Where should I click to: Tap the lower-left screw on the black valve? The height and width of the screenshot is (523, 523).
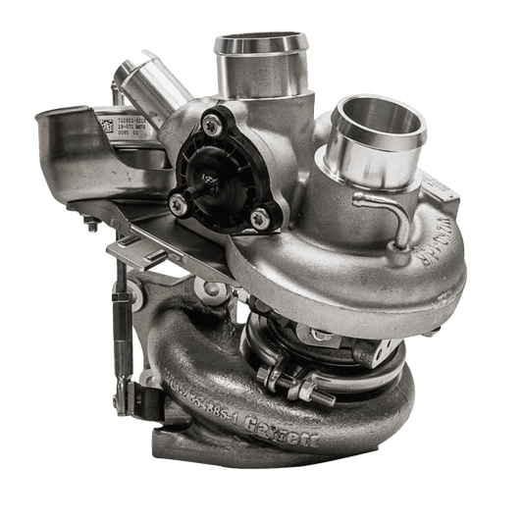pos(177,203)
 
